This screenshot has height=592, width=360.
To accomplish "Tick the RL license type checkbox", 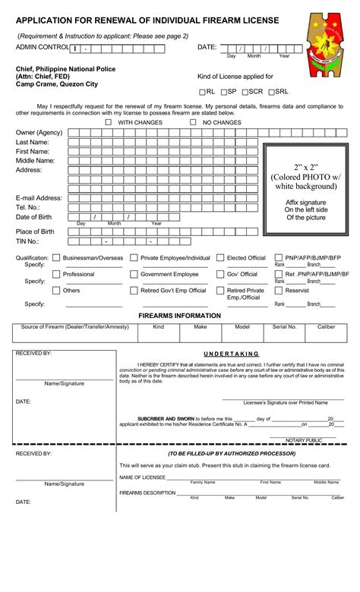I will [202, 92].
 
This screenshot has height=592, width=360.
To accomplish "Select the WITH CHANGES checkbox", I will [109, 122].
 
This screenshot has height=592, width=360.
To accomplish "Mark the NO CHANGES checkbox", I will [193, 122].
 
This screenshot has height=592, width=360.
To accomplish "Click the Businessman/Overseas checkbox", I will [56, 258].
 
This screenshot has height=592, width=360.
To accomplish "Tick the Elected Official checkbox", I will [220, 258].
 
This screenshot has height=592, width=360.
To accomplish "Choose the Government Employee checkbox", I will [134, 274].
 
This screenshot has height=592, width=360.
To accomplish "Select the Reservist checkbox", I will [278, 290].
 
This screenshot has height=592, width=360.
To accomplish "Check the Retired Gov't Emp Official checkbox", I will [134, 290].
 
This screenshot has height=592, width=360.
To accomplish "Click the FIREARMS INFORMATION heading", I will [179, 315].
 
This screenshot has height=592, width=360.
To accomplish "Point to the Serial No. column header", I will [285, 327].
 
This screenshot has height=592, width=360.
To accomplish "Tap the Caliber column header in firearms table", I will [326, 327].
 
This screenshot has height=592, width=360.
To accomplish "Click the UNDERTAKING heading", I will [232, 354].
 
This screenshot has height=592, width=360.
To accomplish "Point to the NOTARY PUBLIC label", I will [304, 439].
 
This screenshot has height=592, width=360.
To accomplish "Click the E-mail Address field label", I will [39, 198].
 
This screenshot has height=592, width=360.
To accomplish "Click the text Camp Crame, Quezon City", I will [57, 84].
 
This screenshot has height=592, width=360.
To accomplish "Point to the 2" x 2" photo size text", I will [306, 166].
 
